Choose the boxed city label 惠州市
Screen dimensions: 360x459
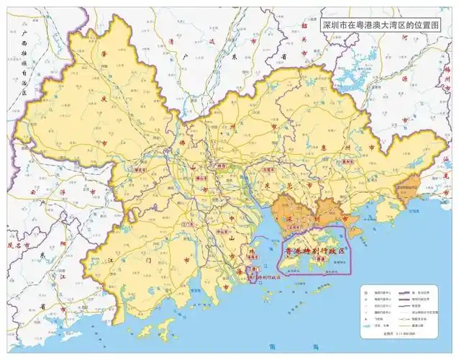[330, 163]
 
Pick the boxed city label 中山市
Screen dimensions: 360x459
[217, 232]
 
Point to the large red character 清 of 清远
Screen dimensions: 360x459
[169, 41]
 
